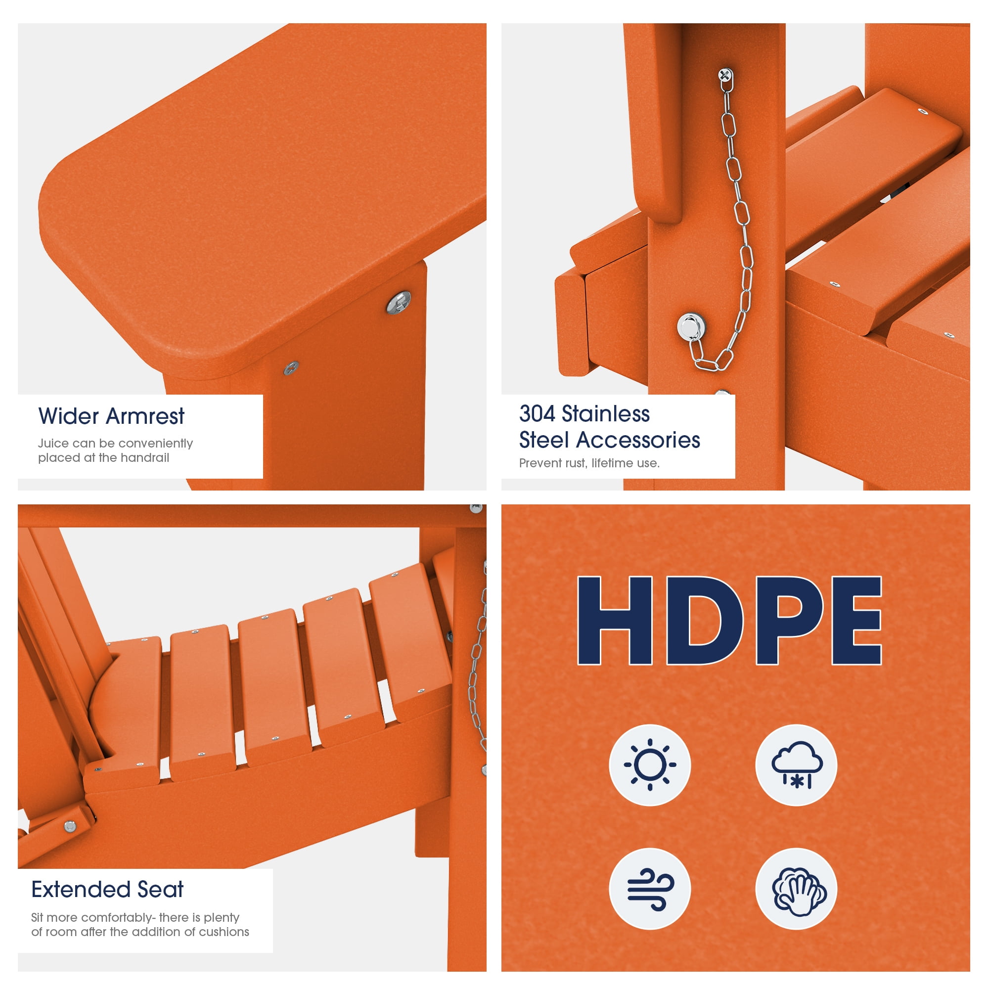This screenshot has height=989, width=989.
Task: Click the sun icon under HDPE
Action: [650, 765]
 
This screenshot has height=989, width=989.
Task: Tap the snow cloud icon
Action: [797, 765]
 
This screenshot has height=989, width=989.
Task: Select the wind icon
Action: [650, 889]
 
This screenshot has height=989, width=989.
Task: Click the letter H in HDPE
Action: [615, 621]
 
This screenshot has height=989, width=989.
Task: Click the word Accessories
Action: [638, 440]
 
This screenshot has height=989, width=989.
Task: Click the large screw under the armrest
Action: [398, 302]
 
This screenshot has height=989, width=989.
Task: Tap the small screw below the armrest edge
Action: [291, 367]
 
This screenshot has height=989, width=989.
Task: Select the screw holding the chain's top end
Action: [725, 75]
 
